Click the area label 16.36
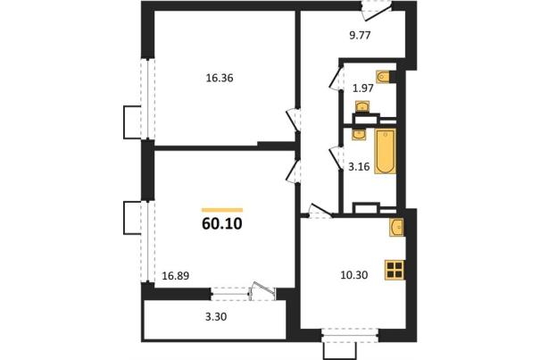[x=220, y=79]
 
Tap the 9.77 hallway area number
[x=360, y=35]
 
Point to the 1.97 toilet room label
[x=363, y=88]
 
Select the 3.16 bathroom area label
[x=359, y=167]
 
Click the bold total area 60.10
[x=222, y=224]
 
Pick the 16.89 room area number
[x=176, y=276]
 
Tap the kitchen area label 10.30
[x=354, y=275]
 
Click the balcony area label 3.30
[x=216, y=316]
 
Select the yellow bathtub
[x=386, y=151]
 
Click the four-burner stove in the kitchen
[x=395, y=270]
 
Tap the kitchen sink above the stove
[x=396, y=228]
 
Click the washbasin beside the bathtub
[x=359, y=135]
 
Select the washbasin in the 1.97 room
[x=362, y=106]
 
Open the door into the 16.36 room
[x=294, y=120]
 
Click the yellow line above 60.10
[x=222, y=210]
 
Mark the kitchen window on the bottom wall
[x=350, y=335]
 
